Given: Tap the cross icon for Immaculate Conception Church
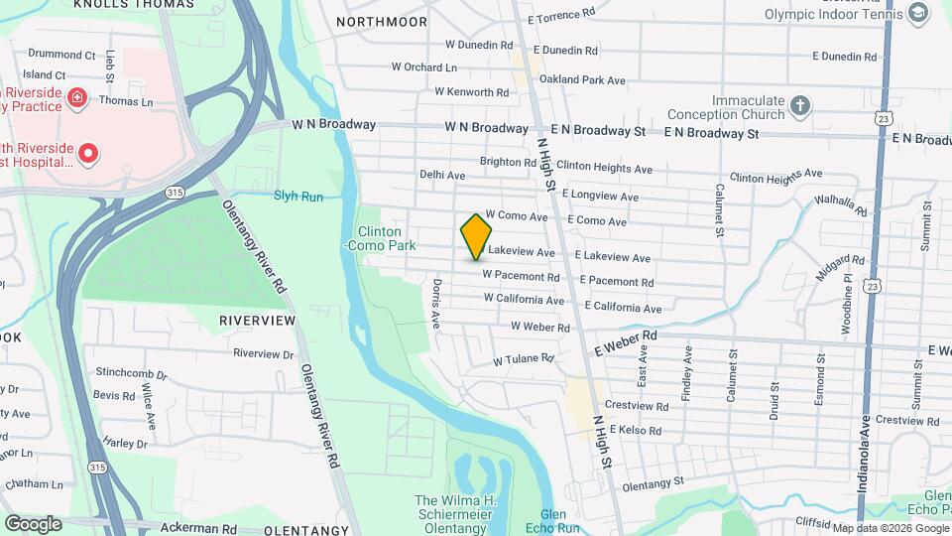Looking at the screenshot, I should pos(801,104).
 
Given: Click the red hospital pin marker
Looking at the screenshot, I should pos(87,153).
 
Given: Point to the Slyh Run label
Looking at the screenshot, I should pos(298,197).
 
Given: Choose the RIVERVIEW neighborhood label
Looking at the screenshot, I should pos(257,321).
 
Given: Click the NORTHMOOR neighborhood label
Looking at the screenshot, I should pos(382,21).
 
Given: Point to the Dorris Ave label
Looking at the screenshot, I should pos(435,304).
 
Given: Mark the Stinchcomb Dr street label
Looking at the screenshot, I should pos(131,375).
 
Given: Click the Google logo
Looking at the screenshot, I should pos(33,523).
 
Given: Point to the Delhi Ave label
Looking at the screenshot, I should pos(442,175).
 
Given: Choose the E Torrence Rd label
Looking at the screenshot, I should pos(561,16).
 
